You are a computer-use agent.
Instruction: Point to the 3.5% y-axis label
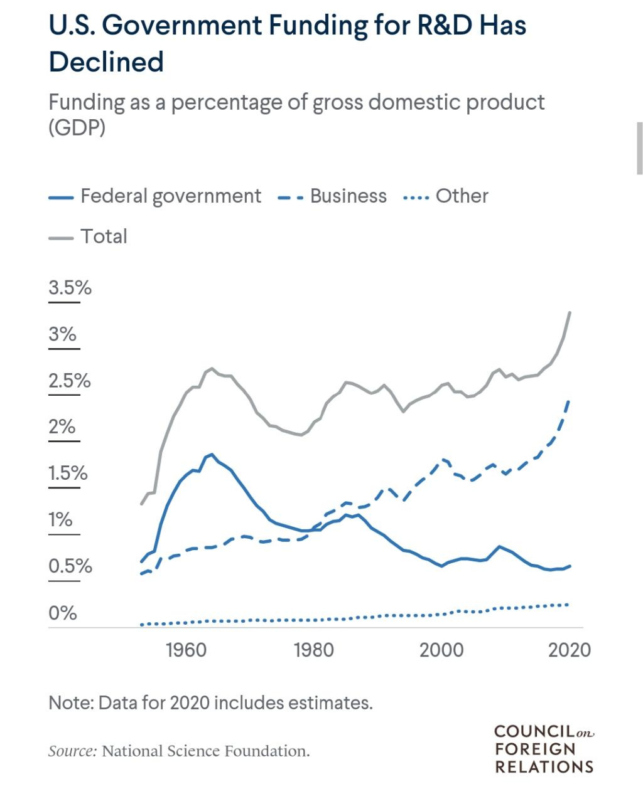pos(70,288)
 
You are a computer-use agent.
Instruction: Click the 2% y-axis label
pos(62,427)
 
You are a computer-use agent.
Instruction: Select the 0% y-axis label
pos(62,613)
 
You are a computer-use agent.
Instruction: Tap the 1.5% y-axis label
pos(68,474)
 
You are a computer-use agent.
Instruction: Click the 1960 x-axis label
pos(186,650)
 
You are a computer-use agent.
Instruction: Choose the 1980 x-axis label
pos(313,650)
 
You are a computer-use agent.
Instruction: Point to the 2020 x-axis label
pos(569,650)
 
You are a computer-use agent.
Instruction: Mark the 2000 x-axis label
pos(441,650)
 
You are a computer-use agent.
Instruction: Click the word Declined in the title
pos(106,62)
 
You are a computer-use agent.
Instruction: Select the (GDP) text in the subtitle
pos(77,127)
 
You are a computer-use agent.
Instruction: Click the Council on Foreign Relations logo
pos(544,749)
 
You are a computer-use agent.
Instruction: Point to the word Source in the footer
pos(72,751)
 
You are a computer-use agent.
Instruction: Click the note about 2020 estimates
pos(210,702)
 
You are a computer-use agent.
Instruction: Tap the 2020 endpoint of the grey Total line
pos(570,312)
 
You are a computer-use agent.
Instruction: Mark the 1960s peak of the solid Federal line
pos(212,455)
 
